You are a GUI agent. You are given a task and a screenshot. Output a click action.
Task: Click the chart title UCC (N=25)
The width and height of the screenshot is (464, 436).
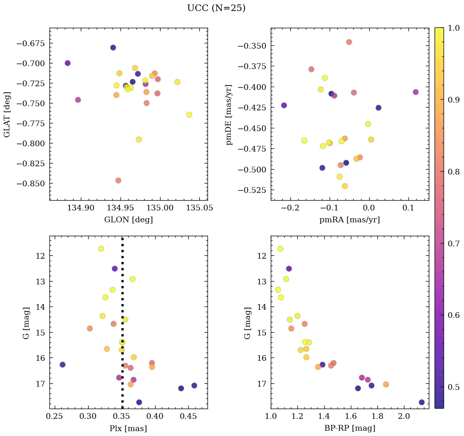pos(216,8)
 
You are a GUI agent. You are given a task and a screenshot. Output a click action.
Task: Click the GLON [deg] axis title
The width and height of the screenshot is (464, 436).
pos(128,220)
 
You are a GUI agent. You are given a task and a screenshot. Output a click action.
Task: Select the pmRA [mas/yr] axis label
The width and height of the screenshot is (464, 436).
pos(349,220)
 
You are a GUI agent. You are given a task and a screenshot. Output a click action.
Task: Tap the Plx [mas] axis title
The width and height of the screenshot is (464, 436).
pos(128,428)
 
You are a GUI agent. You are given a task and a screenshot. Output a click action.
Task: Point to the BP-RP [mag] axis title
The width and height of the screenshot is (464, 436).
pos(349,428)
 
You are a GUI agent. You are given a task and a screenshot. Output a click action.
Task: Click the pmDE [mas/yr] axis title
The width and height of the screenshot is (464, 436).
pos(229,114)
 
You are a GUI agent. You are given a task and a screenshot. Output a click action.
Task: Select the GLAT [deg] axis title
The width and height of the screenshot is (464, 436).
pos(7,114)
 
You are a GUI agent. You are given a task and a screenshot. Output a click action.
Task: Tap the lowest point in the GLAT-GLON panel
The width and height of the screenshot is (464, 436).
pos(118,181)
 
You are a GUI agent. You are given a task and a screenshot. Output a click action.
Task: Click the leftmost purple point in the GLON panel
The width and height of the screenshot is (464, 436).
pos(67,63)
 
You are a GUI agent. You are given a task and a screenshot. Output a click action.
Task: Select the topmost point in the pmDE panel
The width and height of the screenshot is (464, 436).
pos(349,42)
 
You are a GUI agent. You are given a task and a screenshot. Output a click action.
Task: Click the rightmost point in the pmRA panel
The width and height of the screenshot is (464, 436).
pos(415,92)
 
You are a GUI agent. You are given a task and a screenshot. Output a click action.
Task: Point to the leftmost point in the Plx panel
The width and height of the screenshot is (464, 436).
pos(62,364)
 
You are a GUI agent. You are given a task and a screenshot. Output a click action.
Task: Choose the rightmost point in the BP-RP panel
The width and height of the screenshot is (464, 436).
pos(422,402)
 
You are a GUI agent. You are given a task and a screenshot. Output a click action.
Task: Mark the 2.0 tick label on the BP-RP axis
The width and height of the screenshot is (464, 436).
pos(404,416)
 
